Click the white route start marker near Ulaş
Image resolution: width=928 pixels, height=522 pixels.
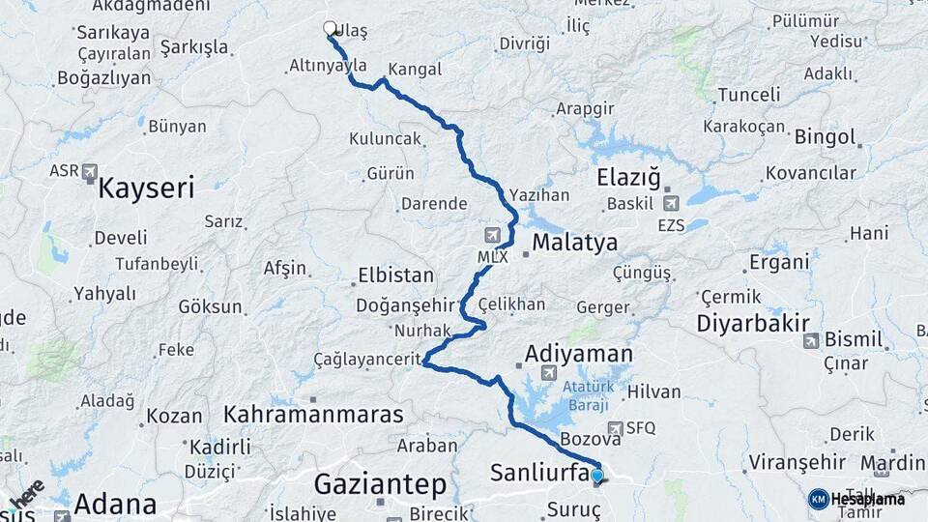click(x=330, y=29)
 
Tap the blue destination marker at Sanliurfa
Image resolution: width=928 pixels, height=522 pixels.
click(x=597, y=476)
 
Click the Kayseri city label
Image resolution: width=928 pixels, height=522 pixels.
click(x=146, y=186)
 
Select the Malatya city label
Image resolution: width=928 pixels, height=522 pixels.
click(x=574, y=243)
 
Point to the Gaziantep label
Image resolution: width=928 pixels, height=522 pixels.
click(x=380, y=482)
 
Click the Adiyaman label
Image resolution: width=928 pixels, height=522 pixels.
click(x=578, y=354)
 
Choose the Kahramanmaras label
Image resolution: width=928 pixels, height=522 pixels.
click(x=312, y=415)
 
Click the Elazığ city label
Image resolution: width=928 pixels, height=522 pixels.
click(x=628, y=178)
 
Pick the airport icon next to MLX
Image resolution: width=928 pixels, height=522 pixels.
click(x=494, y=235)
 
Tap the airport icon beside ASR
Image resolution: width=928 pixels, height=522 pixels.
click(x=90, y=172)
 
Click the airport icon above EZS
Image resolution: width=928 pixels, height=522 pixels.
click(x=671, y=203)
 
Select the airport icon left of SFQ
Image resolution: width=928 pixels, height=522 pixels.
click(x=616, y=427)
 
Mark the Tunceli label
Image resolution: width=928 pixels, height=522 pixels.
click(x=748, y=95)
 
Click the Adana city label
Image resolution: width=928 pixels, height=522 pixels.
click(x=115, y=504)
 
